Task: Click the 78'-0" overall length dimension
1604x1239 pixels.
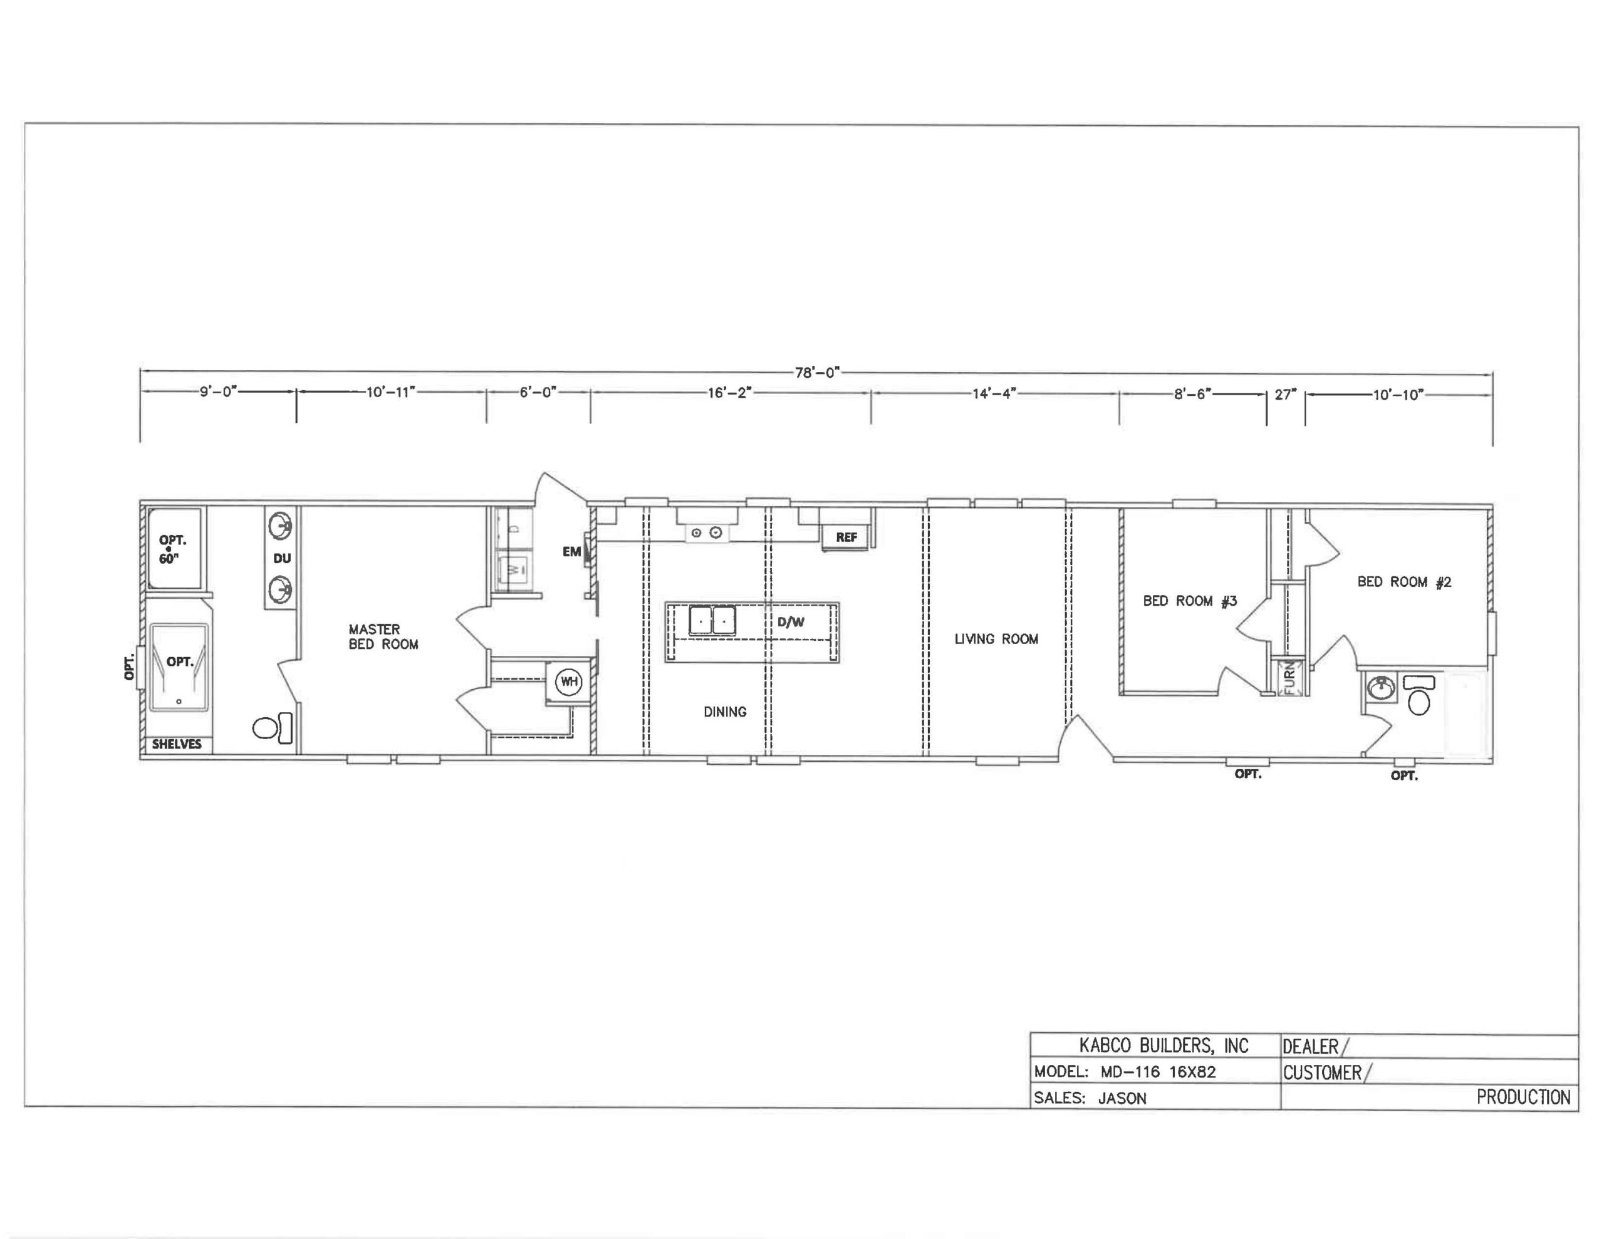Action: point(816,373)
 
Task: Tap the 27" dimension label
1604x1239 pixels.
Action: point(1285,395)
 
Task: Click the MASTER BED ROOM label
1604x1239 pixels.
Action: point(383,637)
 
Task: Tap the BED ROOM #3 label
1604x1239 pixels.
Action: point(1190,601)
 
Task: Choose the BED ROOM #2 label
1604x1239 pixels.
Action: point(1404,582)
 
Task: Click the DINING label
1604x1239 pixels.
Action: point(725,712)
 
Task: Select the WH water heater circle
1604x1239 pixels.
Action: point(568,682)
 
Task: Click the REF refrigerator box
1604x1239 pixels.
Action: point(845,537)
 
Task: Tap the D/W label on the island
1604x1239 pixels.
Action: point(791,622)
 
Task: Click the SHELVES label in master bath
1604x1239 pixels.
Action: point(176,744)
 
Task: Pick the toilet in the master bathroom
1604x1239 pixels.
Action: point(273,728)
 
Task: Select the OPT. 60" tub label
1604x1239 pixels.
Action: point(172,549)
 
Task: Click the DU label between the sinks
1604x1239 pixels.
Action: point(282,558)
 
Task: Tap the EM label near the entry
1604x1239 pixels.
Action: point(571,552)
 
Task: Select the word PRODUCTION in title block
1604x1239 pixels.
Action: point(1523,1097)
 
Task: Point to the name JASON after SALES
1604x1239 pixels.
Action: point(1122,1098)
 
